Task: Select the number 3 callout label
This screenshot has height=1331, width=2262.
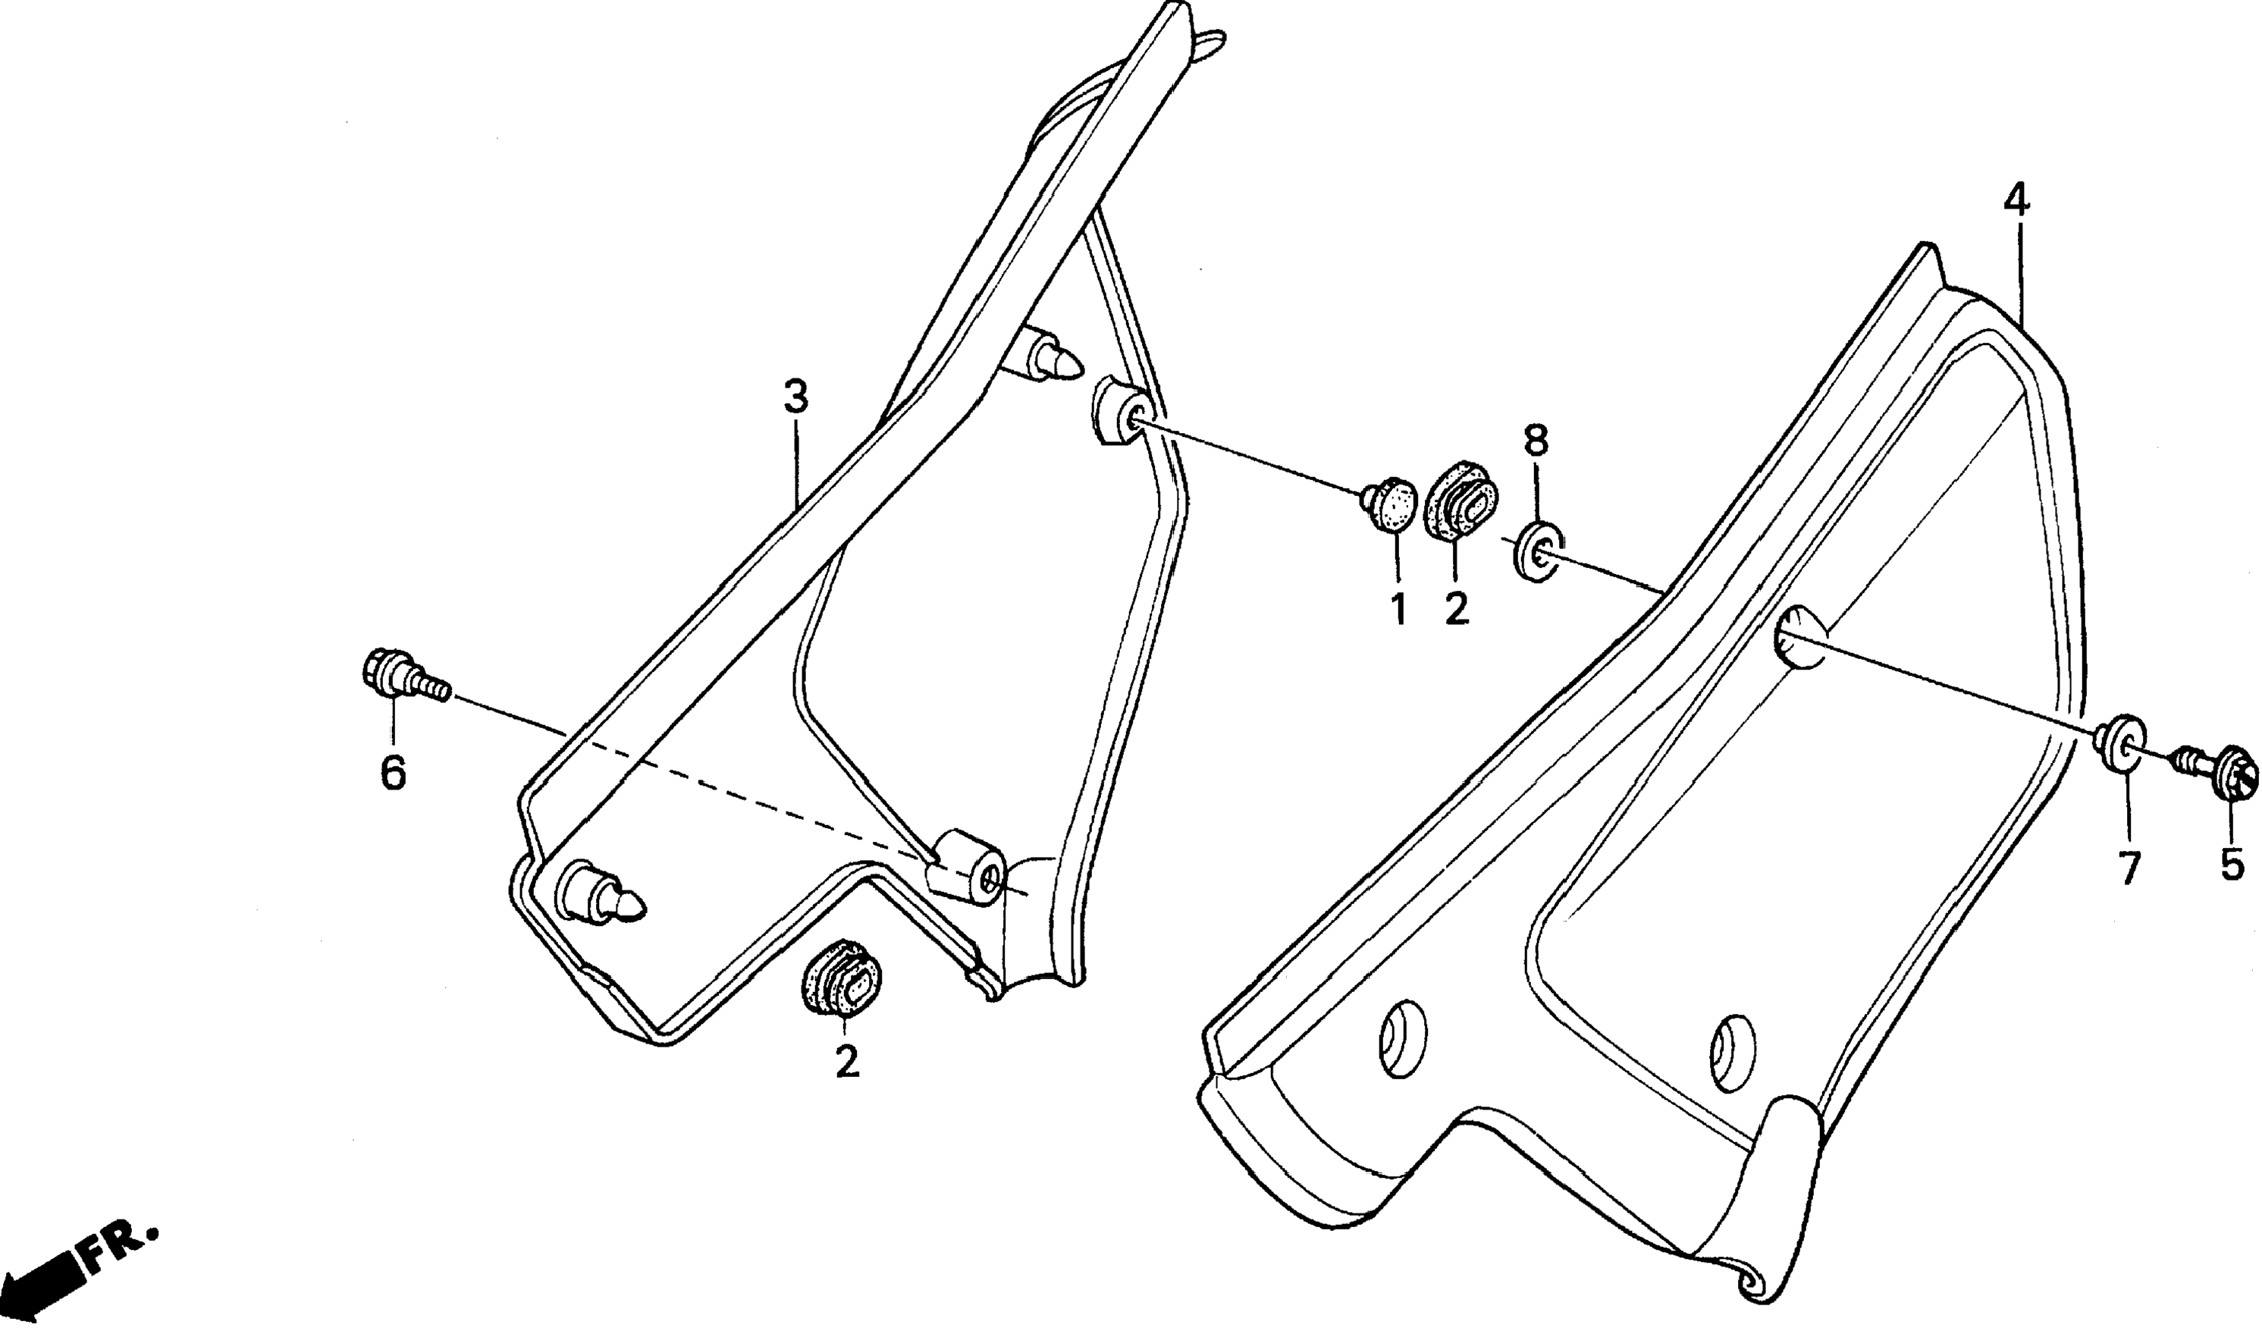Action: (795, 397)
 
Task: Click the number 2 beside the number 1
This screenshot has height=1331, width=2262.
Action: (1456, 611)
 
